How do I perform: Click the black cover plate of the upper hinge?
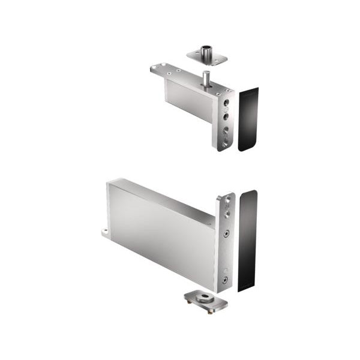[248, 119]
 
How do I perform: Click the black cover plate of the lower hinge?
[247, 240]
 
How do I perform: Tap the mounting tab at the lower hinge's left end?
[105, 231]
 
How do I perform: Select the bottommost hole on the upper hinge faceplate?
[225, 143]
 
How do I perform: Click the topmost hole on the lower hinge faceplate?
[227, 204]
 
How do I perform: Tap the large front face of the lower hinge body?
[159, 237]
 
